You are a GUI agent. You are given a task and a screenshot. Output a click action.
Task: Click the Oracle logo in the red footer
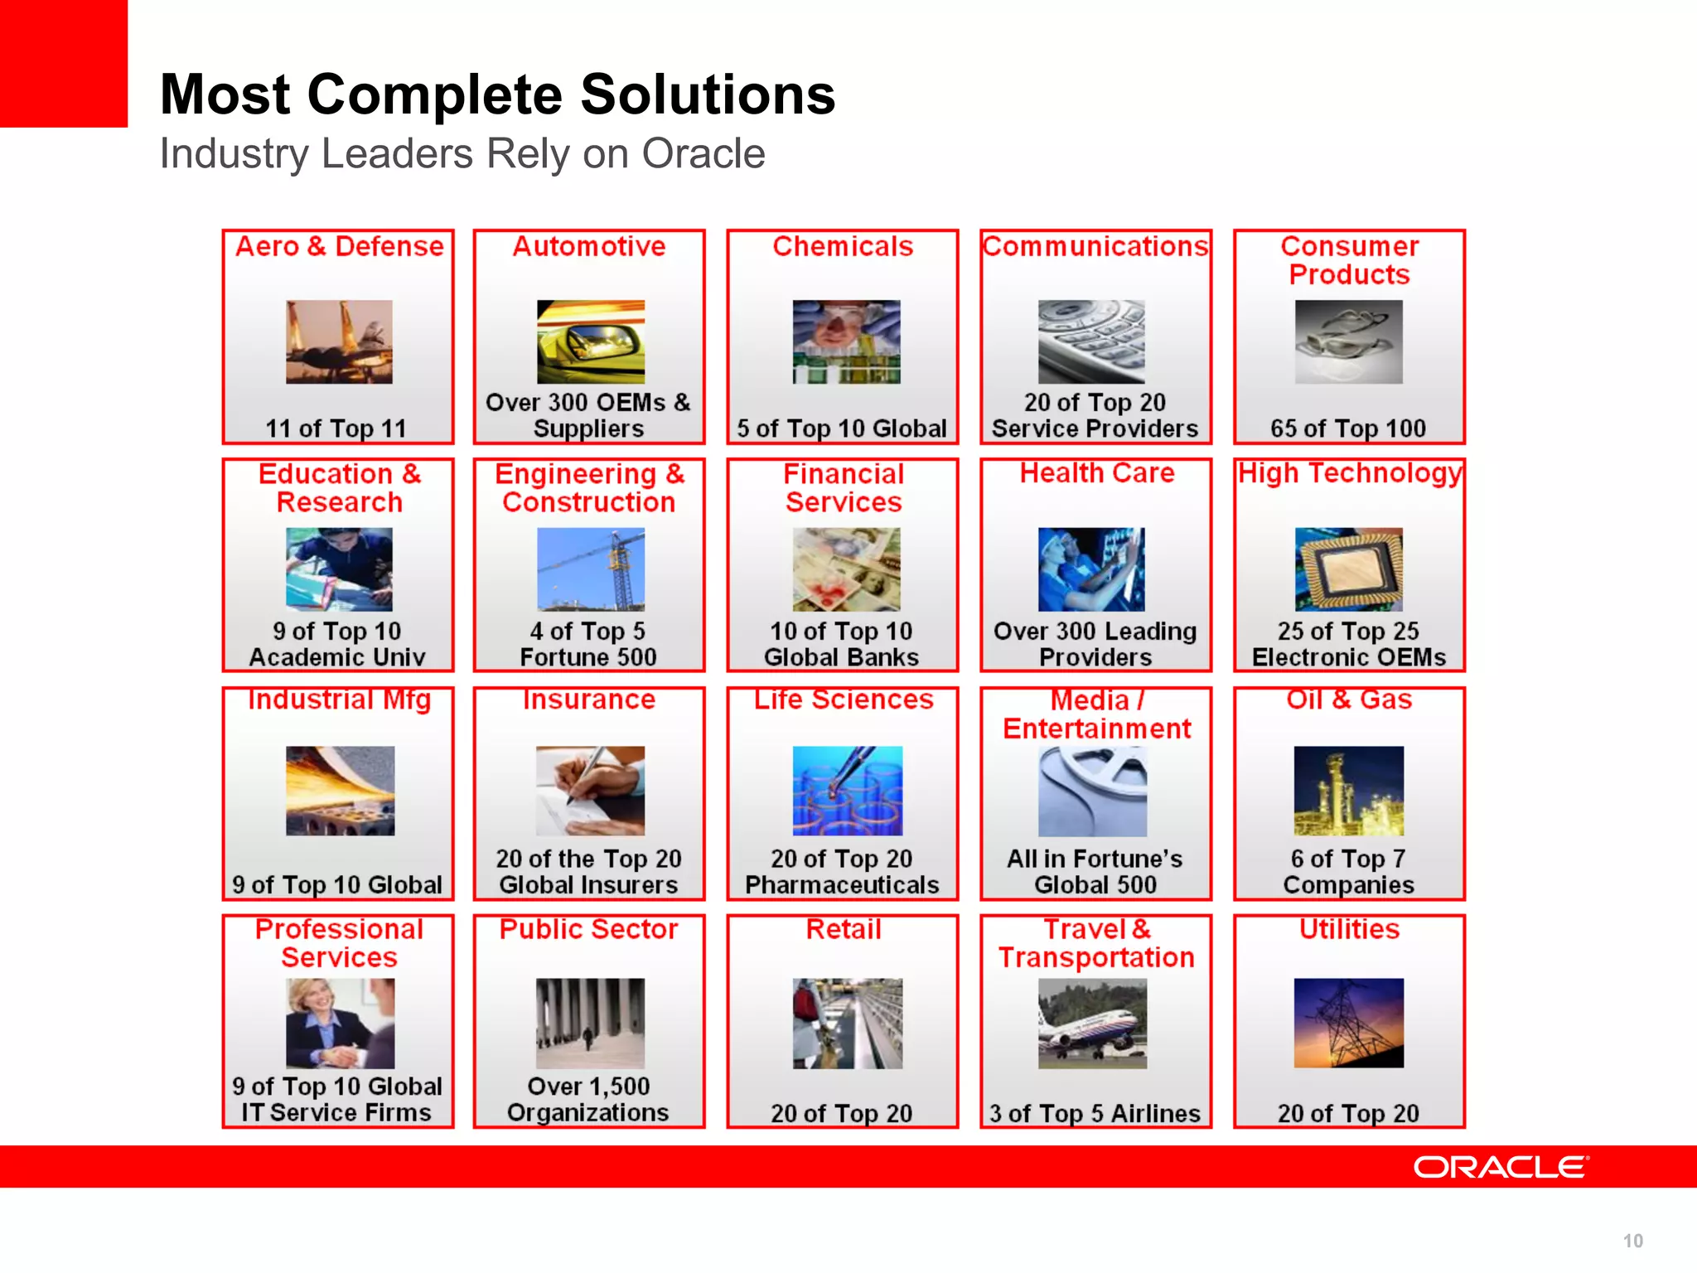pos(1501,1167)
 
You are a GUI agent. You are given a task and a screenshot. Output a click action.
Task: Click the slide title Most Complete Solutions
pos(497,94)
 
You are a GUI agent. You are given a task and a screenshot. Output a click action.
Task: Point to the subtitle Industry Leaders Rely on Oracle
pos(462,154)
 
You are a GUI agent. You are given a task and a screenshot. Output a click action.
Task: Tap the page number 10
pos(1632,1241)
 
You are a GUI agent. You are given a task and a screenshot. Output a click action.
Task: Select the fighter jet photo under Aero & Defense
pos(339,341)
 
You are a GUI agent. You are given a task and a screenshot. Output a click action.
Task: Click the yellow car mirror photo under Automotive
pos(590,341)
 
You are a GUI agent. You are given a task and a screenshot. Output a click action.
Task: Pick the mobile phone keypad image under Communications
pos(1091,341)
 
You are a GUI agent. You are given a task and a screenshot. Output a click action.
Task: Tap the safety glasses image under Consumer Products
pos(1348,341)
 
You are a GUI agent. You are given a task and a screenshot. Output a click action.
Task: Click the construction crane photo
pos(590,569)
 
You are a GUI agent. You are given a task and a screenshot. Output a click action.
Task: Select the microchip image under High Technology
pos(1348,569)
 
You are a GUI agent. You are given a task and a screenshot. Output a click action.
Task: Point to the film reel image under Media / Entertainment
pos(1092,791)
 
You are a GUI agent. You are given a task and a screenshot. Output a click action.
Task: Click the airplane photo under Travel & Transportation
pos(1092,1024)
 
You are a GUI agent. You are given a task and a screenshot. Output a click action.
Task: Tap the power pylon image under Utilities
pos(1348,1024)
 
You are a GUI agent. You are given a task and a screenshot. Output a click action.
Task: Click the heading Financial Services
pos(843,488)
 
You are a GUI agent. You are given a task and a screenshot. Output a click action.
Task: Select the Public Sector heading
pos(588,929)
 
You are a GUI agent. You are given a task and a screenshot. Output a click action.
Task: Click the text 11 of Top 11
pos(336,428)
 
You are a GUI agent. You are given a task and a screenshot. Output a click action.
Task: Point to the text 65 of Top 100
pos(1348,428)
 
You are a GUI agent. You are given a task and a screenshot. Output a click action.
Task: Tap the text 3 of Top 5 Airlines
pos(1095,1113)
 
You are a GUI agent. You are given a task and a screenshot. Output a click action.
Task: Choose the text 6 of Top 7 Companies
pos(1348,872)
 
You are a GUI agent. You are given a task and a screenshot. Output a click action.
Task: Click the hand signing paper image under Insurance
pos(590,791)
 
